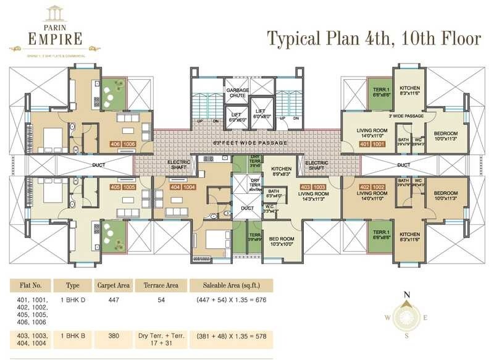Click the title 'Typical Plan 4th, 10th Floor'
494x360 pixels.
pos(373,38)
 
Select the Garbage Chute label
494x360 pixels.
pos(237,94)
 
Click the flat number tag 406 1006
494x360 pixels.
pos(122,143)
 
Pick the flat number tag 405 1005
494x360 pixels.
pos(122,186)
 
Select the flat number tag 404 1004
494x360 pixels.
pos(182,186)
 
